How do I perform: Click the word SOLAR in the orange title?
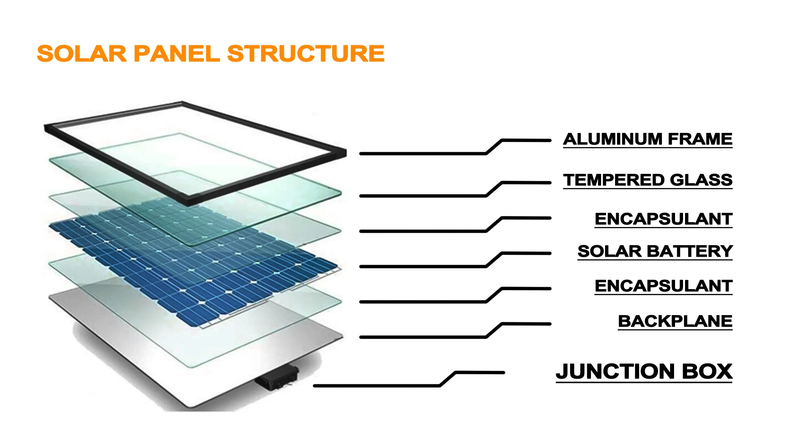coord(82,54)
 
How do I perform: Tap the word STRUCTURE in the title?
coord(306,54)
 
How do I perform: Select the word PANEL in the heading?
coord(177,54)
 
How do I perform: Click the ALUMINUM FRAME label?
coord(648,139)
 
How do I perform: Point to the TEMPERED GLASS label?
coord(648,180)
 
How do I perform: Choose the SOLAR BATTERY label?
coord(655,251)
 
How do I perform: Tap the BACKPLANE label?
coord(675,321)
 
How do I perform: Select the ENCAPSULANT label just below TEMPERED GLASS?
coord(663,219)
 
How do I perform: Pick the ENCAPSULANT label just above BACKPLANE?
coord(663,286)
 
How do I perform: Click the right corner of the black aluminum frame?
coord(345,152)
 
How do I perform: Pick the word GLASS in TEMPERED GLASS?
coord(701,180)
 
